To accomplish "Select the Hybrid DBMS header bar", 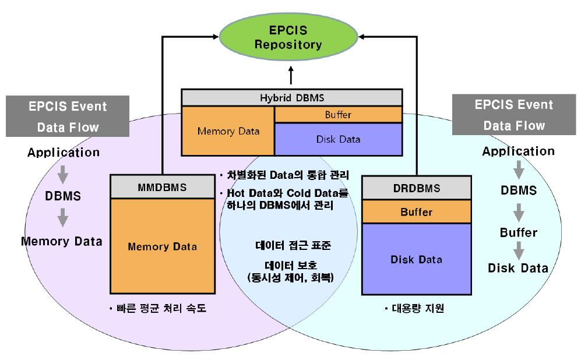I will [291, 97].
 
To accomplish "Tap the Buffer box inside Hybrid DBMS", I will [338, 115].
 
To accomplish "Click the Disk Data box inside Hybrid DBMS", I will [338, 139].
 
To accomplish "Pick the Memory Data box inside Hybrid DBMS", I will [228, 131].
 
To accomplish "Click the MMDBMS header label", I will [162, 188].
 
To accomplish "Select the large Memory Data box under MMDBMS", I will [162, 246].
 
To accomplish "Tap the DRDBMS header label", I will [416, 188].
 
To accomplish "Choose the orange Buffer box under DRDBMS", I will [416, 212].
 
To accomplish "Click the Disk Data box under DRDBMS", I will [416, 259].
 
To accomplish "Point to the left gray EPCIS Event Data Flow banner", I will [68, 117].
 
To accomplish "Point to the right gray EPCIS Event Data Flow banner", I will [513, 115].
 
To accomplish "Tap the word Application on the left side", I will [63, 153].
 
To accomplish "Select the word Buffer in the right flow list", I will [518, 232].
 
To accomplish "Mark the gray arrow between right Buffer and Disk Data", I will [518, 251].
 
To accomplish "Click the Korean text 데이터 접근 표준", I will [294, 245].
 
